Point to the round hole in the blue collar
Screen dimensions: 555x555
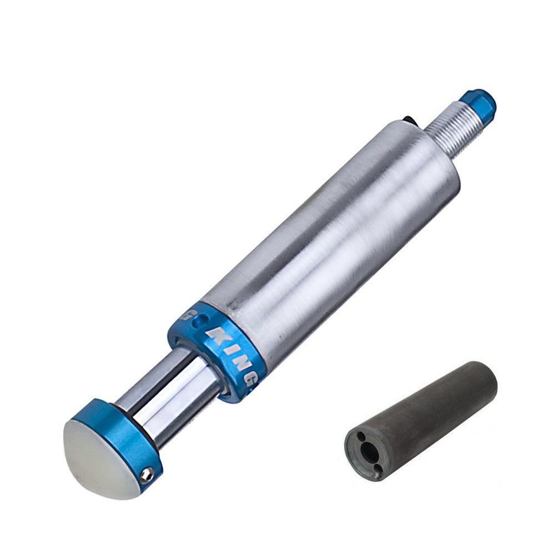(x=201, y=319)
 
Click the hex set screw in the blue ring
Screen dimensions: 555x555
(x=146, y=473)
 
